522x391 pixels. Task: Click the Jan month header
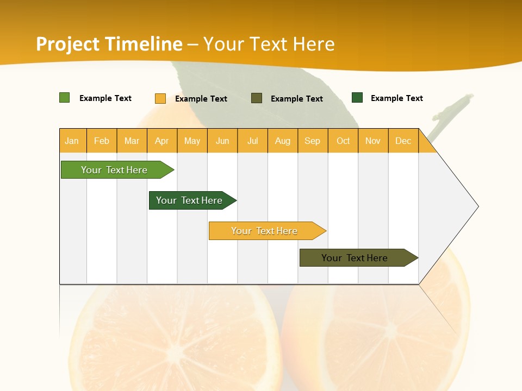72,141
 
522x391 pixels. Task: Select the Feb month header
102,141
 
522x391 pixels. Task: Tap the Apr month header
162,141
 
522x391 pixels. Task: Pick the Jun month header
222,141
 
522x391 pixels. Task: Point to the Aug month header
283,141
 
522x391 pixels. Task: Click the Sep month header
313,141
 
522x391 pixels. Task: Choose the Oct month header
343,141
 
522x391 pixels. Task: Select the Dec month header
403,141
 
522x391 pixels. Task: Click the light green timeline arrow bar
115,170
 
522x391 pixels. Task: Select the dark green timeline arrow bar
190,200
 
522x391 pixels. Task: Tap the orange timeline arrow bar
265,231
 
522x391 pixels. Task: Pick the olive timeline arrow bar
355,258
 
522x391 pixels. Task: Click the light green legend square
65,98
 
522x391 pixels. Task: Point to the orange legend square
160,98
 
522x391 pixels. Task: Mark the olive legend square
257,98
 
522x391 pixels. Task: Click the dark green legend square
357,98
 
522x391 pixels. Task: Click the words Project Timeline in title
109,44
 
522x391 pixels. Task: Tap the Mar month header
132,141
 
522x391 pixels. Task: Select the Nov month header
373,141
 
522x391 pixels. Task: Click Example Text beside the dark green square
396,98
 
